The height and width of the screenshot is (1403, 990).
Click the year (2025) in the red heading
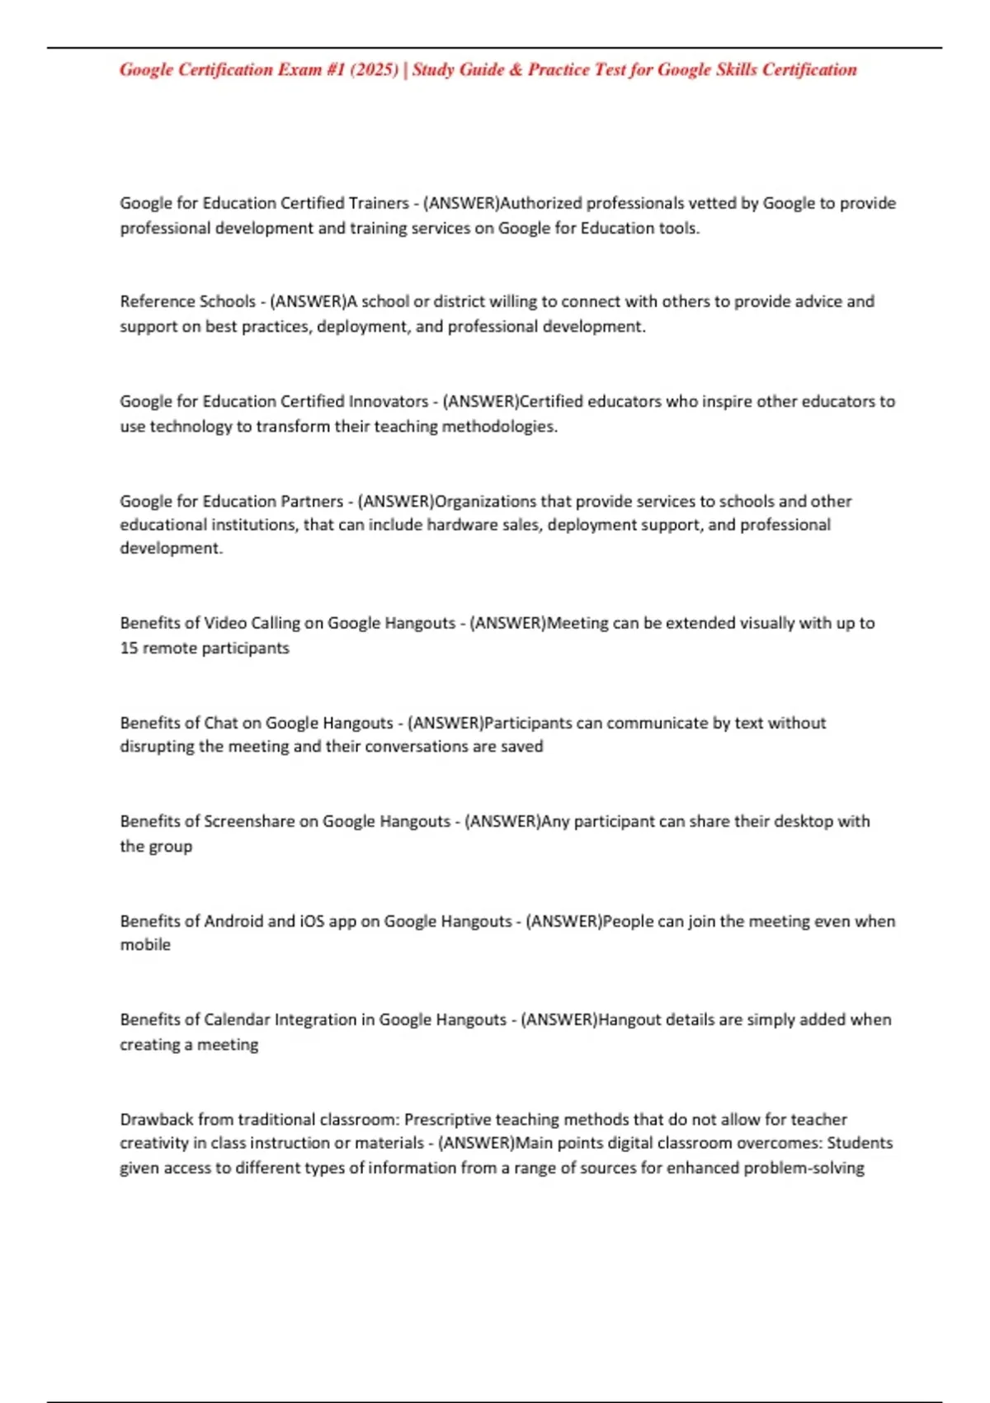click(375, 69)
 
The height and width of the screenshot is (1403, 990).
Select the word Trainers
click(379, 203)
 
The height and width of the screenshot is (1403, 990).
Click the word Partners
click(312, 501)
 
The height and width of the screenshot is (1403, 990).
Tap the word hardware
click(462, 525)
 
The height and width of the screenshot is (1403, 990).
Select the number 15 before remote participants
click(129, 648)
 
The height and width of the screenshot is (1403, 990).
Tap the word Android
click(233, 921)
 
